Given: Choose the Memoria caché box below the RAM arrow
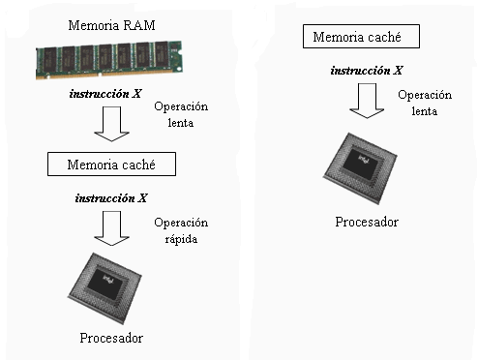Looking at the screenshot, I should tap(113, 165).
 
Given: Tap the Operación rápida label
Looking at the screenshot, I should tap(181, 230).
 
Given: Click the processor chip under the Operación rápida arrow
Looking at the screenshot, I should tap(111, 288).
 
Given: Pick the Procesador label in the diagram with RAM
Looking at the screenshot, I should tap(111, 338).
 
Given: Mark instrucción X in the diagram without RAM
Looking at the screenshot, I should tap(366, 70).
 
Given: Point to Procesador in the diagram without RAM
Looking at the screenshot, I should tap(367, 222).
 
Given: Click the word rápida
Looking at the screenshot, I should tap(181, 238).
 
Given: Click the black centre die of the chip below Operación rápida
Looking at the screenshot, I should tap(113, 284).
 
